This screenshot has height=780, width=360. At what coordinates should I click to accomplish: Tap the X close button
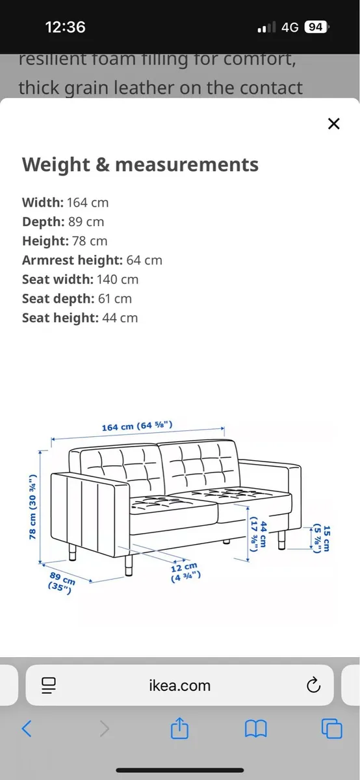click(333, 123)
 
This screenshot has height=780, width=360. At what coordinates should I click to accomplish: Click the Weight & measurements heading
click(140, 164)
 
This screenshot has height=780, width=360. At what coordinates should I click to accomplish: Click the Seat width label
click(57, 279)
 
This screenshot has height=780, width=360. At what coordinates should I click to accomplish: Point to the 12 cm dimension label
click(186, 571)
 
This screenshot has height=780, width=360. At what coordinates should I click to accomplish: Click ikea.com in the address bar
click(180, 685)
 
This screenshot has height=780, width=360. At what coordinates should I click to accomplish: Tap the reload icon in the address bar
click(313, 685)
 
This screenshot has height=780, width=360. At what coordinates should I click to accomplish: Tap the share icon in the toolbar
click(179, 729)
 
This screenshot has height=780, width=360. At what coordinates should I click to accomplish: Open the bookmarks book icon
click(255, 729)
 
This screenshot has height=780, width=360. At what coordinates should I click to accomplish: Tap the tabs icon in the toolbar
click(331, 729)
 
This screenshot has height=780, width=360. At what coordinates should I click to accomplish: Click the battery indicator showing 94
click(316, 27)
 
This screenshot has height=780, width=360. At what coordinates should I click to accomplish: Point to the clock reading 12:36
click(65, 27)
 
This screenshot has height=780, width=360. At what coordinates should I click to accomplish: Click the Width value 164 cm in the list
click(87, 202)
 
